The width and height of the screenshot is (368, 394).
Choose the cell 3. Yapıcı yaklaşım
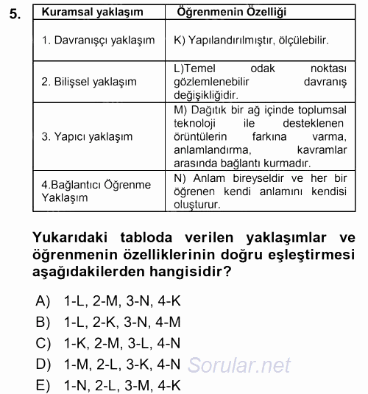87,137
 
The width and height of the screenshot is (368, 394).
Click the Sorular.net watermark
239,364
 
